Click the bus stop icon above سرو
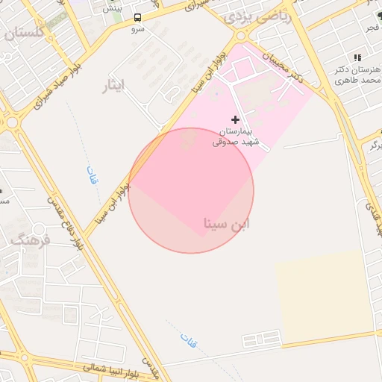pos(137,17)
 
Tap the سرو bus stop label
pos(137,29)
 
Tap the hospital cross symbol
pos(236,119)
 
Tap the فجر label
pos(371,28)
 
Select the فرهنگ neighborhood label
pos(30,241)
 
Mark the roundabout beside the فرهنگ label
pos(40,229)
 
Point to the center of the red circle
pos(191,190)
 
